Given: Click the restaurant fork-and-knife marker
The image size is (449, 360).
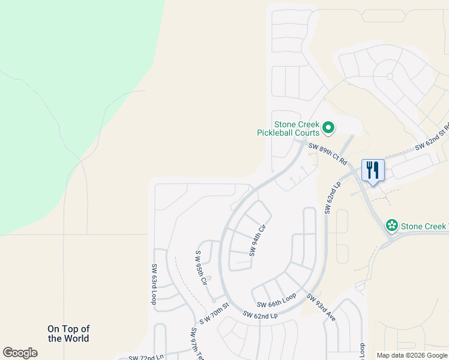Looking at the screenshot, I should [x=373, y=171].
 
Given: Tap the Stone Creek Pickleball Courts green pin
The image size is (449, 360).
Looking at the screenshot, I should [x=328, y=127].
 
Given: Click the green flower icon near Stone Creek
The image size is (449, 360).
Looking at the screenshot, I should [x=392, y=226].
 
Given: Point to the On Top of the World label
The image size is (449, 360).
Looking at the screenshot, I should [x=68, y=333].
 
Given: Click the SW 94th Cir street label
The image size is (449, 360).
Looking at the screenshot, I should [x=258, y=241].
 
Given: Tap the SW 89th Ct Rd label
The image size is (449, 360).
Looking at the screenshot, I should [x=328, y=154].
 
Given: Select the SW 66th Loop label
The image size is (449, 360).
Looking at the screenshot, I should [x=277, y=301].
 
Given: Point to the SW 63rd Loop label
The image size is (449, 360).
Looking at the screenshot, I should [x=154, y=284].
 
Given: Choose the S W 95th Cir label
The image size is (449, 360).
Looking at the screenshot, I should [x=201, y=268].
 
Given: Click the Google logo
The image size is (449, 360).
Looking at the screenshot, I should [x=20, y=353].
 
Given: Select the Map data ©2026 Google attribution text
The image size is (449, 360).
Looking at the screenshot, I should [x=411, y=355].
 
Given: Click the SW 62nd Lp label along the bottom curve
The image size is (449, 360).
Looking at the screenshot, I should [x=260, y=315].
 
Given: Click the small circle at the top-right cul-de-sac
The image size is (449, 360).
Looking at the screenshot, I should [x=390, y=76].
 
